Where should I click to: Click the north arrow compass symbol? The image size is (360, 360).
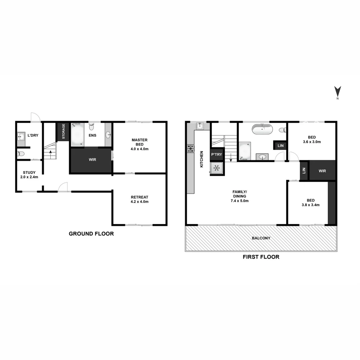pos(338,92)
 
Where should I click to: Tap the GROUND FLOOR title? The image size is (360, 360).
pos(91,234)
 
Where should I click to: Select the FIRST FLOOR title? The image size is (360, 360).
pos(261,257)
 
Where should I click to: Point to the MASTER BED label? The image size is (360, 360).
pos(139,142)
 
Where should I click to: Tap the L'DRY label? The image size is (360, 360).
pos(33,135)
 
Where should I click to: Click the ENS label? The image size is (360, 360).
pos(92,135)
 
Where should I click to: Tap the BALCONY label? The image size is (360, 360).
pos(261,238)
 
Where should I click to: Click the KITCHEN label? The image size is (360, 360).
pos(201,159)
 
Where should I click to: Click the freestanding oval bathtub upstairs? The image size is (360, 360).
pos(262,129)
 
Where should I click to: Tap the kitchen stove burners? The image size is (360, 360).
pos(190,148)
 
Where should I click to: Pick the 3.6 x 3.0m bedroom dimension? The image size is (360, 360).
pos(312,142)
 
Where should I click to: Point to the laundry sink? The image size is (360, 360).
pos(21,136)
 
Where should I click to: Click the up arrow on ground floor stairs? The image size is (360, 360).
pos(50,154)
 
